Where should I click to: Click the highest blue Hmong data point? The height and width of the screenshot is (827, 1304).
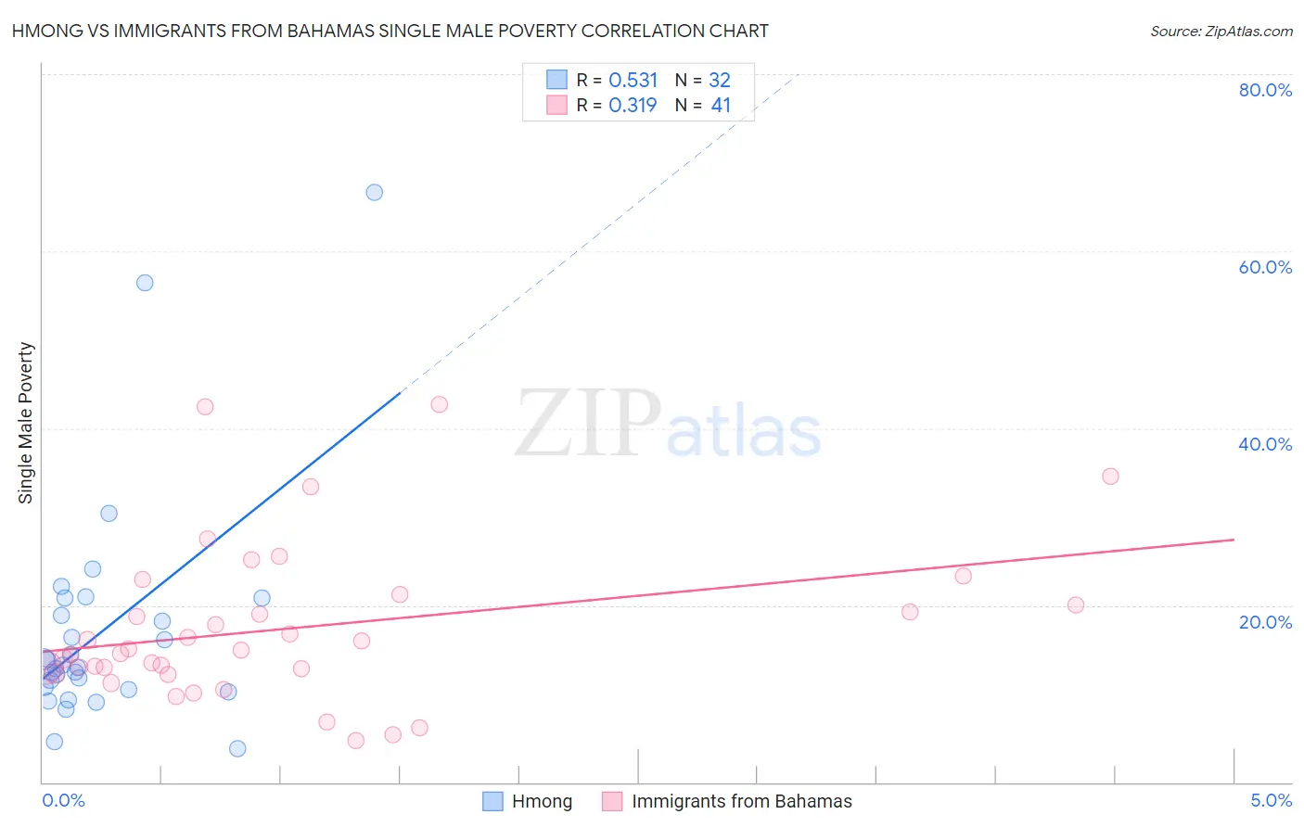pyautogui.click(x=374, y=193)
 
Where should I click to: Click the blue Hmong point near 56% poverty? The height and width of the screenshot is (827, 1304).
pyautogui.click(x=145, y=283)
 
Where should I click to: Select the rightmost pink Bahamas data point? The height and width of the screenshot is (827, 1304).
pyautogui.click(x=1110, y=477)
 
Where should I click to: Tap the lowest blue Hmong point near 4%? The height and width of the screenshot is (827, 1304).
pyautogui.click(x=237, y=748)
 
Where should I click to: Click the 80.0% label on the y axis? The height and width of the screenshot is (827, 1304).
pyautogui.click(x=1265, y=90)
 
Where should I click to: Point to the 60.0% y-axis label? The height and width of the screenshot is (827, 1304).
pyautogui.click(x=1265, y=267)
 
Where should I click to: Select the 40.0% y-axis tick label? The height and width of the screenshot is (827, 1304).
pyautogui.click(x=1265, y=444)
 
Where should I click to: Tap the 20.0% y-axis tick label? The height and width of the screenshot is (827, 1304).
pyautogui.click(x=1265, y=621)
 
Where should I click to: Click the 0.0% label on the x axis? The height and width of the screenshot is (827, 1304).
pyautogui.click(x=63, y=800)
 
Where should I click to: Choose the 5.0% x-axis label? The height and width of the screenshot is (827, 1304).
pyautogui.click(x=1271, y=800)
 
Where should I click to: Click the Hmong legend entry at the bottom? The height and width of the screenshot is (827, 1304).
pyautogui.click(x=542, y=801)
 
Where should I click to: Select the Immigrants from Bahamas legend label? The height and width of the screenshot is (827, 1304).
pyautogui.click(x=741, y=801)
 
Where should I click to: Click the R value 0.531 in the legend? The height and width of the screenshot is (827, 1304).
pyautogui.click(x=633, y=81)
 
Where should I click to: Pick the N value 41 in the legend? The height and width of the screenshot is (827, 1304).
pyautogui.click(x=721, y=106)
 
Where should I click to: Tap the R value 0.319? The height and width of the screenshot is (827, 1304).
pyautogui.click(x=633, y=106)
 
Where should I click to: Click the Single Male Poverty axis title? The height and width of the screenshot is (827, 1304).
pyautogui.click(x=26, y=423)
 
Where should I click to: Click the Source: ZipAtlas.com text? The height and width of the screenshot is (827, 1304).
pyautogui.click(x=1221, y=32)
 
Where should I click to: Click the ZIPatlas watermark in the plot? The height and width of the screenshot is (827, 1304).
pyautogui.click(x=668, y=424)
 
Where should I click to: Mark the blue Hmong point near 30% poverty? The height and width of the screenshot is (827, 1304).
pyautogui.click(x=109, y=514)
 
